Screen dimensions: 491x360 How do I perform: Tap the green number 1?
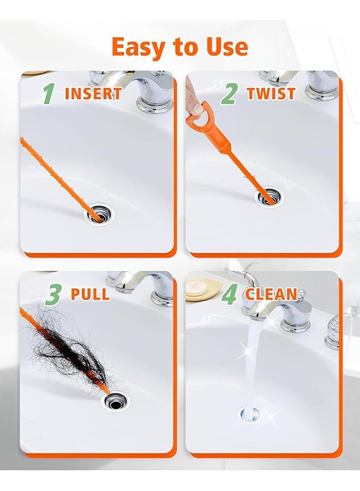click(49, 93)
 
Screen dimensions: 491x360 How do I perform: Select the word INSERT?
click(93, 93)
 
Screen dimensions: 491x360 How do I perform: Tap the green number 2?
click(229, 93)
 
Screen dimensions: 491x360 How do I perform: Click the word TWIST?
click(271, 93)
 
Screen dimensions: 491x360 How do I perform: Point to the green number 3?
click(52, 295)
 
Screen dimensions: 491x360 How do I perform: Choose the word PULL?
click(90, 295)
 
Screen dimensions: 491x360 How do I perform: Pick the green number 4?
click(229, 295)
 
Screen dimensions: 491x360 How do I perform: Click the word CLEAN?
click(271, 295)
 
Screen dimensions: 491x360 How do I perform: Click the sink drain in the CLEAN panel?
click(251, 415)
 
